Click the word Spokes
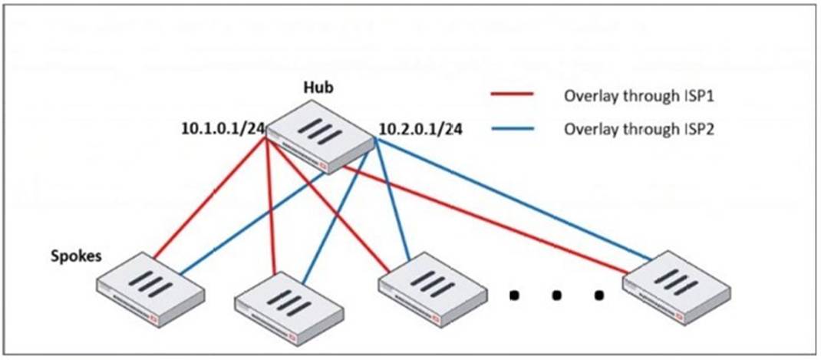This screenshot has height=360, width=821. [76, 256]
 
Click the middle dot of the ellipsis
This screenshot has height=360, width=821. [558, 293]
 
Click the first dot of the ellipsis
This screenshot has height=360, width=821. [516, 293]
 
